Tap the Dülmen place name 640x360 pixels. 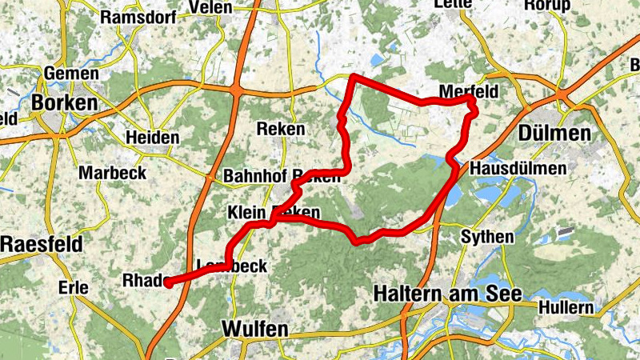pos(561,133)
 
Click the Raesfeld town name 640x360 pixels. pos(41,245)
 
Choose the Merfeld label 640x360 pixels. pos(469,92)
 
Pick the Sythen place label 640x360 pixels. pos(488,237)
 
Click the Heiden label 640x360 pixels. pos(153,138)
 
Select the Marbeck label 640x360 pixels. pos(113,173)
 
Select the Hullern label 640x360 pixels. pos(566,307)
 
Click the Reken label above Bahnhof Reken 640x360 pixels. pos(281,129)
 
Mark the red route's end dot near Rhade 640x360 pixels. pos(168,282)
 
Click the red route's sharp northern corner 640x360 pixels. pos(353,77)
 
